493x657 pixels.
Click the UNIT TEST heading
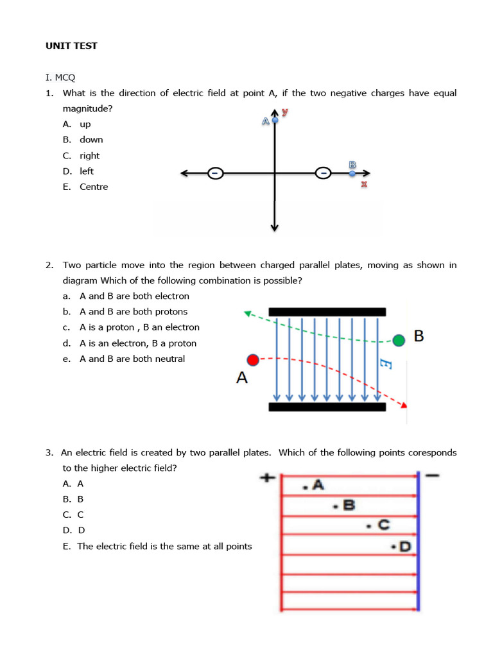click(x=71, y=46)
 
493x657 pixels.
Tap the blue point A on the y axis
click(x=275, y=120)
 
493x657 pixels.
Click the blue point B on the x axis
click(x=352, y=173)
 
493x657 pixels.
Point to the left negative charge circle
click(x=216, y=173)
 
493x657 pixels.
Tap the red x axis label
click(x=364, y=185)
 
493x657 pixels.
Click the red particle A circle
click(x=253, y=360)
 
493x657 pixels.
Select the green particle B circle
click(x=399, y=340)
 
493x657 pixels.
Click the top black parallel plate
click(x=327, y=312)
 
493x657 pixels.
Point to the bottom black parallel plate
click(x=327, y=407)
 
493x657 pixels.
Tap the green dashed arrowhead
click(x=247, y=314)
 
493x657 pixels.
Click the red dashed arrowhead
click(x=403, y=405)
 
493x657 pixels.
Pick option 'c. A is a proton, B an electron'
click(x=139, y=327)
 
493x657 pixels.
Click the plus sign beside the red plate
click(x=268, y=478)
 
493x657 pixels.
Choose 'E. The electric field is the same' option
click(x=164, y=547)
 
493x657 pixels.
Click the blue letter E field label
click(x=386, y=365)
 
